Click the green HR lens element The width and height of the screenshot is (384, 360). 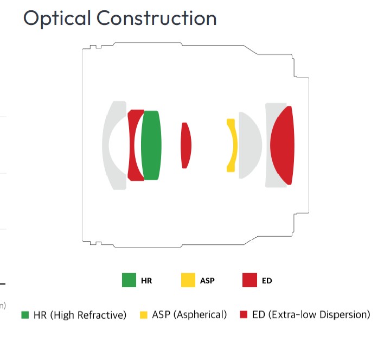click(151, 146)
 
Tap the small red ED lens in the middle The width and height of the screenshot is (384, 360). click(186, 146)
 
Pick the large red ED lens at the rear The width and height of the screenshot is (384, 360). click(283, 146)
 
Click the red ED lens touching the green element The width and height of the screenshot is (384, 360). click(131, 146)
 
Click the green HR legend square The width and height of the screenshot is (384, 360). click(129, 280)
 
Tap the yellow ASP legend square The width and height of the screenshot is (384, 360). click(188, 280)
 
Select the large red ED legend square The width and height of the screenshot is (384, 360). click(250, 280)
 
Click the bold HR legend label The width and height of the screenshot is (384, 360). click(146, 281)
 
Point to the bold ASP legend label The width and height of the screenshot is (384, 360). click(207, 281)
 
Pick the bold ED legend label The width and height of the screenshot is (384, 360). click(267, 281)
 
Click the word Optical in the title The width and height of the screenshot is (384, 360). click(57, 18)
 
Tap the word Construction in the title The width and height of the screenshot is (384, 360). click(157, 18)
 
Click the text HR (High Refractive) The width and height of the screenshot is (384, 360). click(80, 315)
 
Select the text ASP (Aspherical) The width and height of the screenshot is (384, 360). click(189, 314)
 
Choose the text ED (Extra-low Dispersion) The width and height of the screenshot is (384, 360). click(311, 314)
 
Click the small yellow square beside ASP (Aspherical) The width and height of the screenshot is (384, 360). click(144, 315)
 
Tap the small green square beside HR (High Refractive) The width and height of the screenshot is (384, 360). click(25, 315)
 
